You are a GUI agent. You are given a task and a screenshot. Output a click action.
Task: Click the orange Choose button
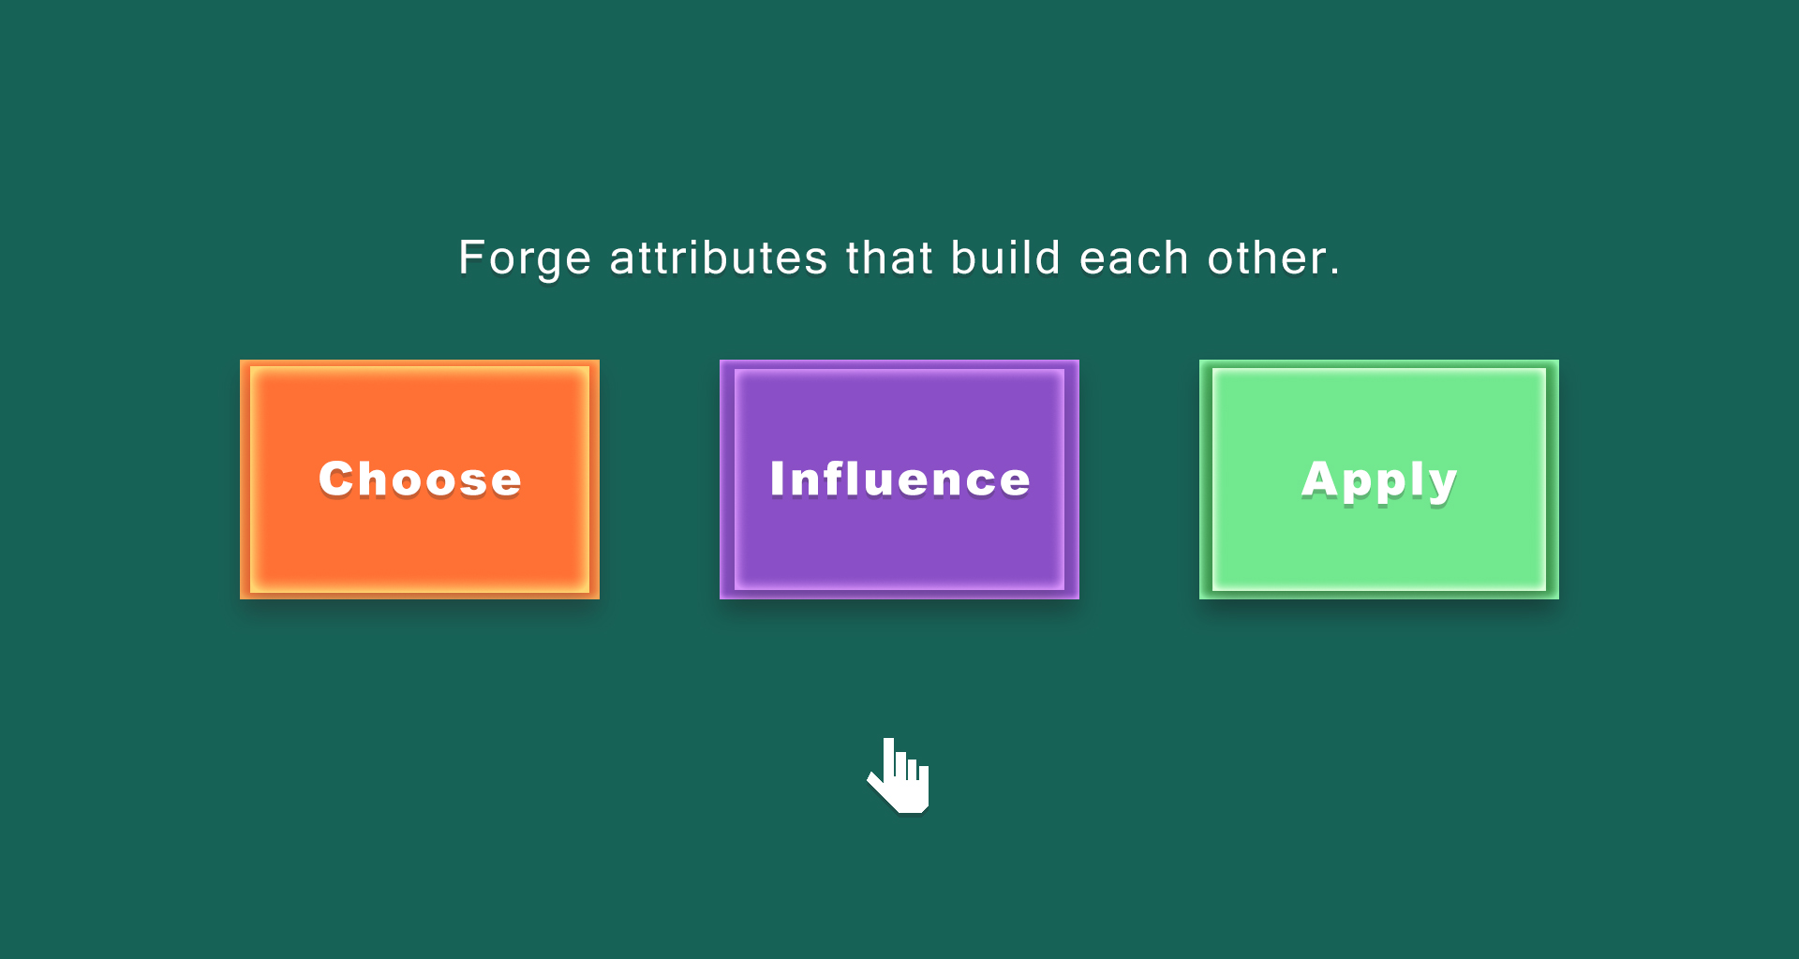tap(420, 479)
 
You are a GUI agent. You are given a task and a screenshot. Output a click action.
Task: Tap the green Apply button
tap(1379, 479)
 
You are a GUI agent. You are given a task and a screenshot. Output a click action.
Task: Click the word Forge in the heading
tap(525, 258)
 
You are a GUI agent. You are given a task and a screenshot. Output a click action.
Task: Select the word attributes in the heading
tap(719, 258)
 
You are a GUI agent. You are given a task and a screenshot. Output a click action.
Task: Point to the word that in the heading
tap(889, 258)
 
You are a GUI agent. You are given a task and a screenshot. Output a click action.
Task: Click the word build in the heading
tap(1005, 258)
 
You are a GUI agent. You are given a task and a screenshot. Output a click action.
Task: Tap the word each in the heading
tap(1134, 258)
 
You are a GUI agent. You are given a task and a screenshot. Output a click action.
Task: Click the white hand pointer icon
tap(899, 775)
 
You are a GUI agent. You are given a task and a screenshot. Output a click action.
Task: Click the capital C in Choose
tap(339, 479)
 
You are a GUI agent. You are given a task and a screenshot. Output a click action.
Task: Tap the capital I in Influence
tap(778, 479)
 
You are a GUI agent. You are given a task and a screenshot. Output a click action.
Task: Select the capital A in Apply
tap(1321, 479)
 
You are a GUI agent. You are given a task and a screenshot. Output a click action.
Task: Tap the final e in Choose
tap(504, 482)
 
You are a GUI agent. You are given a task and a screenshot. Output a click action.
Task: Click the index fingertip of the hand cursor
tap(888, 741)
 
